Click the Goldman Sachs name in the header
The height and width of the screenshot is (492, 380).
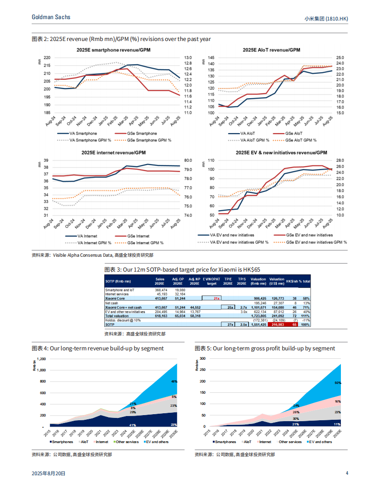click(x=51, y=17)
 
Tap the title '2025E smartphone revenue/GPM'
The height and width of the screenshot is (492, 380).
click(x=114, y=49)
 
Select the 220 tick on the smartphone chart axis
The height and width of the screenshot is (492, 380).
click(x=47, y=57)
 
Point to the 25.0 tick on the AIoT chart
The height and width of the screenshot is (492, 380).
click(x=340, y=58)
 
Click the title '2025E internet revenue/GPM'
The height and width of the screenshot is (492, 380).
click(x=114, y=152)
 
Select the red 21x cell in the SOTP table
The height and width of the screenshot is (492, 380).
click(x=217, y=298)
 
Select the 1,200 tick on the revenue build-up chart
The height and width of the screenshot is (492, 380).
click(x=41, y=359)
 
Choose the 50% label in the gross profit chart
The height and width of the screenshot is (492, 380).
click(x=338, y=383)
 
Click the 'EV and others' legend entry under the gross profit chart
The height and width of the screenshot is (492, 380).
click(x=318, y=442)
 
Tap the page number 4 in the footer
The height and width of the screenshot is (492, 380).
click(x=347, y=473)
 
